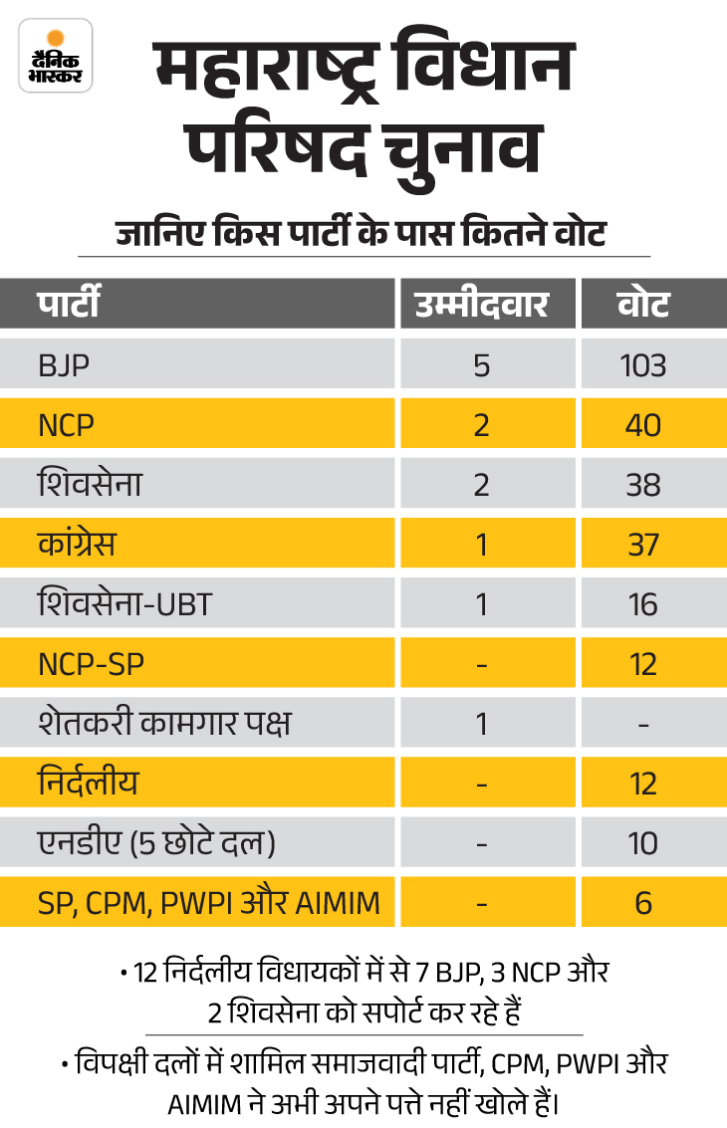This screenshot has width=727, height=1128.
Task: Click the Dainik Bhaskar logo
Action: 57,56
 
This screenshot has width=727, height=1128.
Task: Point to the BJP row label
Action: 64,365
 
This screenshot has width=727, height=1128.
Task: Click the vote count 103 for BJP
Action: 643,365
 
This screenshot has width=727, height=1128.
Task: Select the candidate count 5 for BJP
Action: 482,365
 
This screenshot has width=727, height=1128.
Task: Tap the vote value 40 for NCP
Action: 643,425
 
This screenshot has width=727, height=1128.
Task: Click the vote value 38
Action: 643,485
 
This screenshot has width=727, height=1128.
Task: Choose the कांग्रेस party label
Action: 78,545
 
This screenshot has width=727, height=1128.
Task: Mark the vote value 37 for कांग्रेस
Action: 643,545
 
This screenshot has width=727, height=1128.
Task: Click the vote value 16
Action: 643,604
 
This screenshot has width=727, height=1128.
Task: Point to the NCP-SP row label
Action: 91,664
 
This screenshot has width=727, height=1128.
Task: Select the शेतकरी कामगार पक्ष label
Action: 164,724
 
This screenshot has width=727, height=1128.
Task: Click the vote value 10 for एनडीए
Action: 643,843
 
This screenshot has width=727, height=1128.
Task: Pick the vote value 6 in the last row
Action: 643,903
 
